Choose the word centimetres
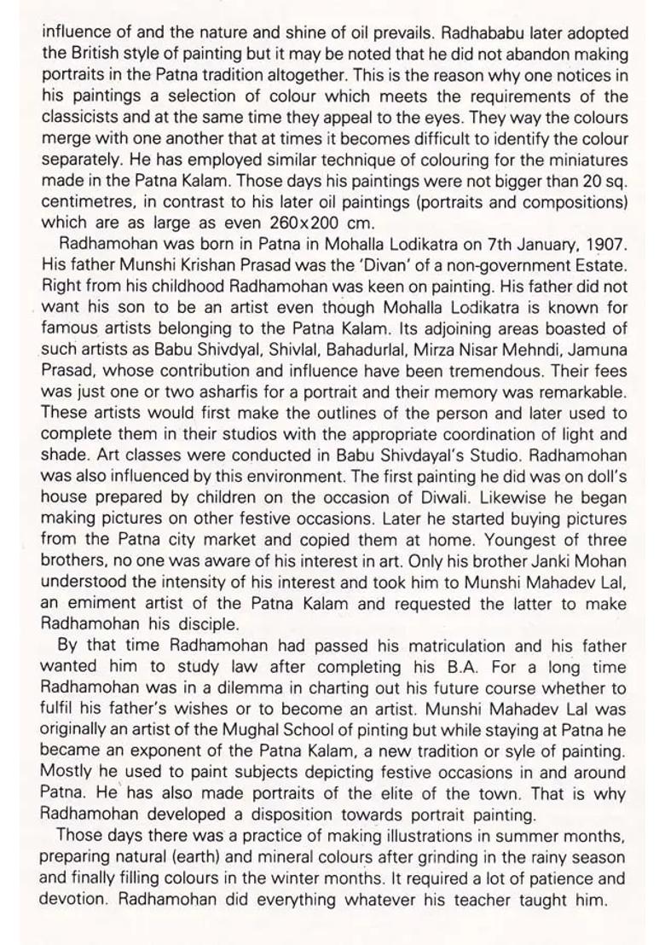[89, 201]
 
